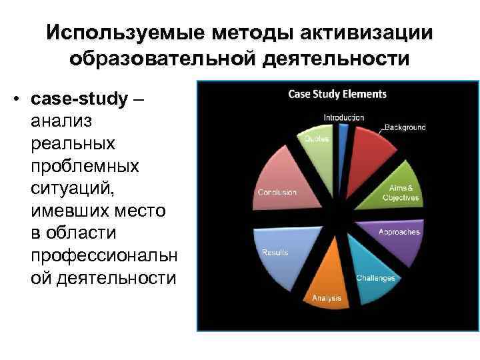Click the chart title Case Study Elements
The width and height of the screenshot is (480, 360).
337,95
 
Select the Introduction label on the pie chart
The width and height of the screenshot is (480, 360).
344,117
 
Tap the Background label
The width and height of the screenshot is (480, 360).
405,127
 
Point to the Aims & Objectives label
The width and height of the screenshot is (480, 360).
401,193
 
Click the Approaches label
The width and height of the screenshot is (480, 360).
399,232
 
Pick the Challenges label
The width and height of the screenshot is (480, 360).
375,278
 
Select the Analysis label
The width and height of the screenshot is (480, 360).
327,298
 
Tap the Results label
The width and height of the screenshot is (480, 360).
275,253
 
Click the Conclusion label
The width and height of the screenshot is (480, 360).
277,193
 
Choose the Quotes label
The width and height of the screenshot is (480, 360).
317,139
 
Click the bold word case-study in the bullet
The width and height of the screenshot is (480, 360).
79,99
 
